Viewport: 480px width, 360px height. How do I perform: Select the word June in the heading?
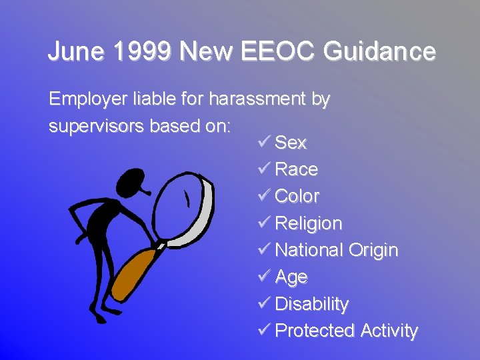(x=70, y=51)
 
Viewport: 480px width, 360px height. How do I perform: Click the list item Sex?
(x=291, y=143)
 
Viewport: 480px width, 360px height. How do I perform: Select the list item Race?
(x=296, y=169)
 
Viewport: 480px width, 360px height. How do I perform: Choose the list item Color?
(x=297, y=197)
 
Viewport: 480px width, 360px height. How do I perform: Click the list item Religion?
(x=308, y=223)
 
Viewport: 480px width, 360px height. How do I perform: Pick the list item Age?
(x=291, y=277)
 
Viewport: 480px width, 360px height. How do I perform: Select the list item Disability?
(x=311, y=304)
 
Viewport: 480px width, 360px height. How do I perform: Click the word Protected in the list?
(x=315, y=331)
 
